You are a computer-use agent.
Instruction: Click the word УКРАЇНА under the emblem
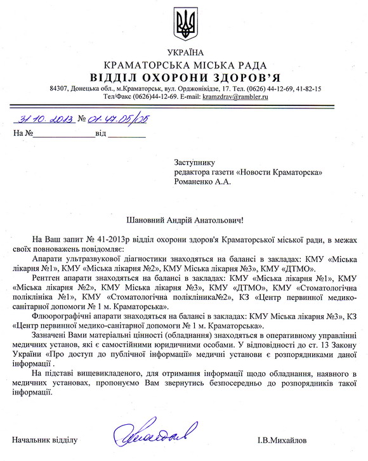pos(186,51)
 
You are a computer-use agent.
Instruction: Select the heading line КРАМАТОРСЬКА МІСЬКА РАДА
pos(186,64)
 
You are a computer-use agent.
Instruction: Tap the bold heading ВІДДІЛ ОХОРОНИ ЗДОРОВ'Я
pos(186,77)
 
